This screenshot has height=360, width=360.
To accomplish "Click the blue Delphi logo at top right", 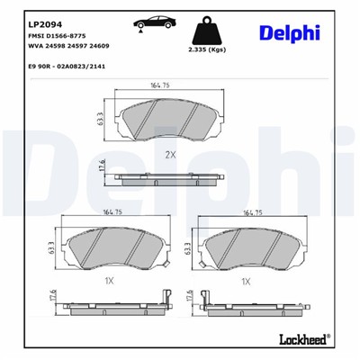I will tap(291, 33).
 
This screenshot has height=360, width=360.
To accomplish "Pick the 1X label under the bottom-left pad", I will tap(110, 282).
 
